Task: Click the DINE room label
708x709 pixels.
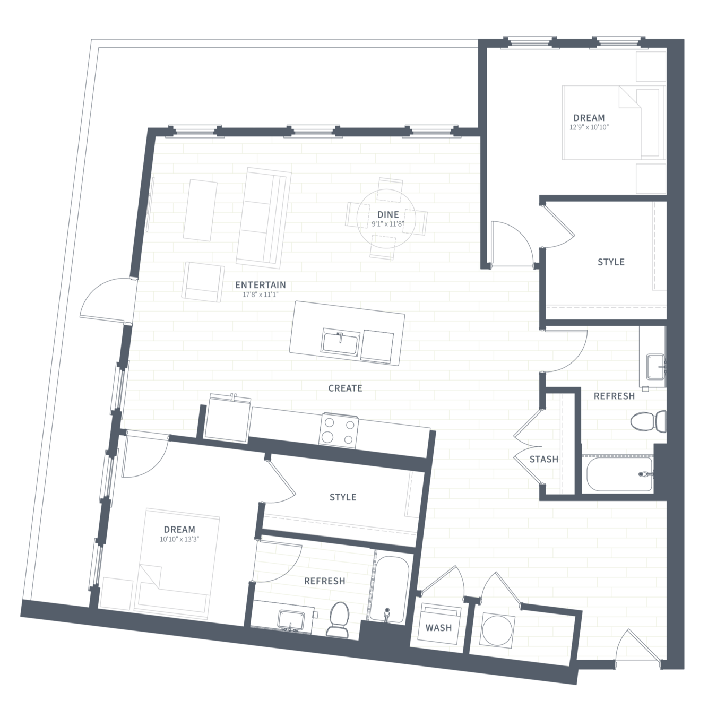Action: (388, 214)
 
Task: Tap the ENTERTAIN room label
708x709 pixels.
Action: (261, 285)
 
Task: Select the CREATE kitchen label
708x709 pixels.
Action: (345, 388)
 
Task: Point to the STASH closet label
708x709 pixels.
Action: (544, 459)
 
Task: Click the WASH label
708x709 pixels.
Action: (438, 628)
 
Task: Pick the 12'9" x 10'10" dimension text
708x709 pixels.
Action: (589, 127)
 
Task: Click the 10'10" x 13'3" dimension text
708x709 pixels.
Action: (179, 539)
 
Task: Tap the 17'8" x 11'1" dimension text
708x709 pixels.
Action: (261, 295)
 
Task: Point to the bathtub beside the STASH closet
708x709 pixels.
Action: (620, 474)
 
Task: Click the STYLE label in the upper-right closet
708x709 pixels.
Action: (611, 262)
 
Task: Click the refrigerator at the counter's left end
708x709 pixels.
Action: (227, 418)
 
